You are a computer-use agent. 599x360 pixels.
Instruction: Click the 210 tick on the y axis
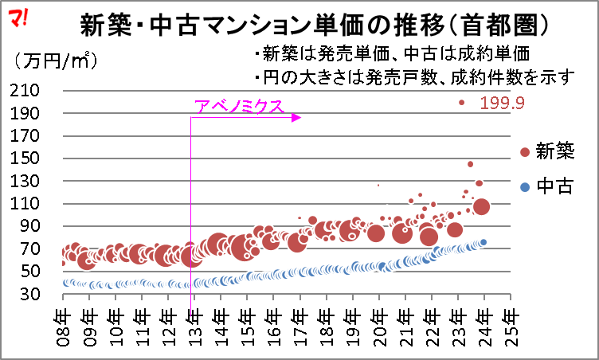[x=35, y=91]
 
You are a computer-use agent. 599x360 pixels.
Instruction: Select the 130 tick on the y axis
[x=35, y=182]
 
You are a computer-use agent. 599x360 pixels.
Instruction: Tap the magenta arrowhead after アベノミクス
[x=296, y=118]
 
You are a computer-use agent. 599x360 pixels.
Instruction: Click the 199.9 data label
[x=502, y=103]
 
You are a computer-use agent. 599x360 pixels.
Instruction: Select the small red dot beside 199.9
[x=461, y=102]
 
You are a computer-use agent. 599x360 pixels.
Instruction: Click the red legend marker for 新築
[x=524, y=152]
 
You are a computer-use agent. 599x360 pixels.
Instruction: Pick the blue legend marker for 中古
[x=524, y=187]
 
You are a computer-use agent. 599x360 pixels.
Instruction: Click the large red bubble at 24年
[x=481, y=207]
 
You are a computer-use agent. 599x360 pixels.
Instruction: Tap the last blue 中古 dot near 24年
[x=483, y=242]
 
